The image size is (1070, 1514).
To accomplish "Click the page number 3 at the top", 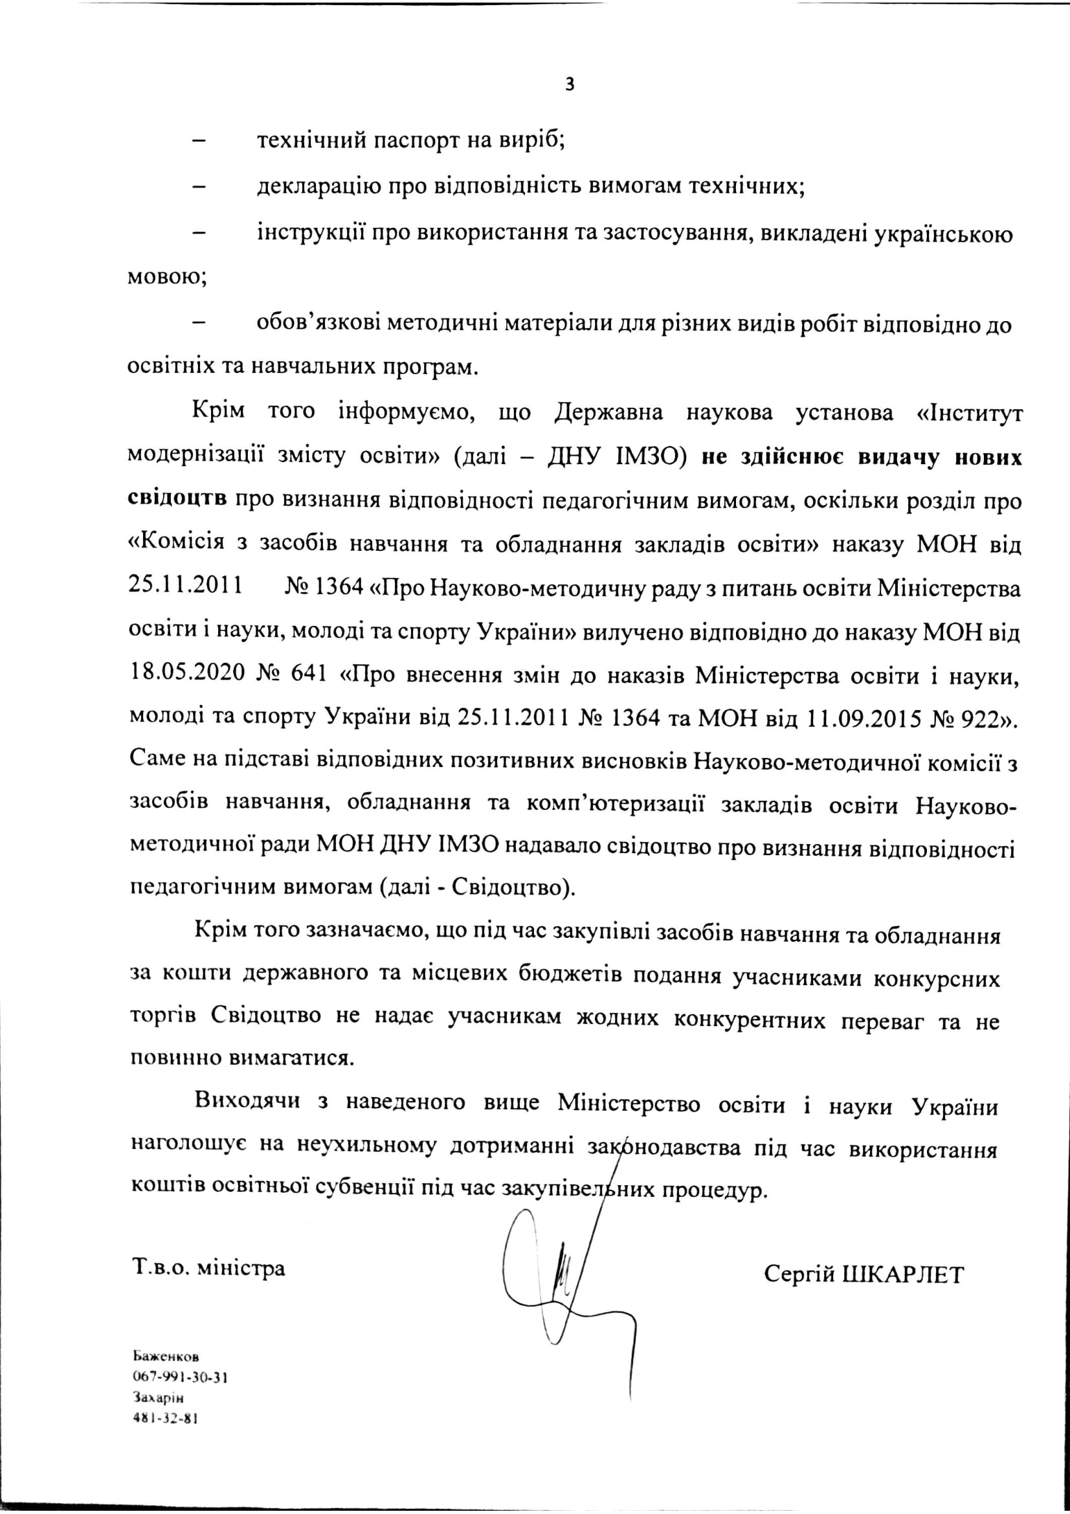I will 570,85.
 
